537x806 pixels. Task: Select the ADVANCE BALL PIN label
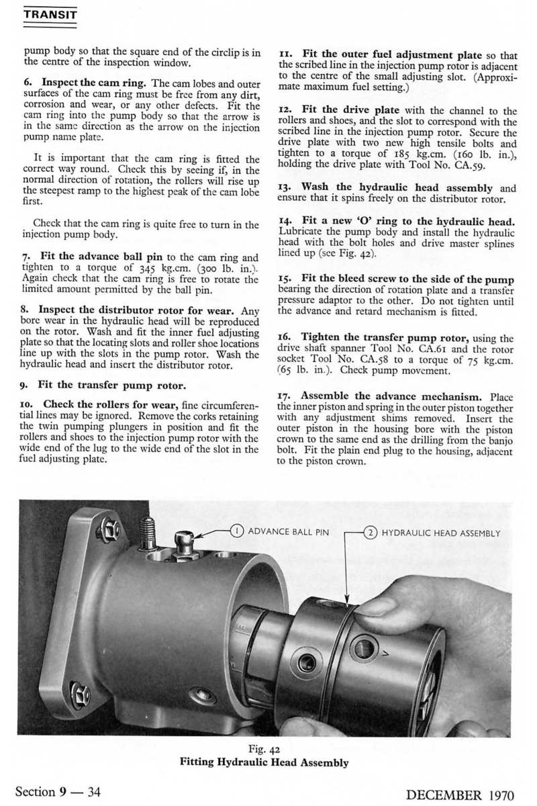(289, 533)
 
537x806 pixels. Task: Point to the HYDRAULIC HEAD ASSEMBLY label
(441, 533)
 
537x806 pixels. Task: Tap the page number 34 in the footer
(94, 792)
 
